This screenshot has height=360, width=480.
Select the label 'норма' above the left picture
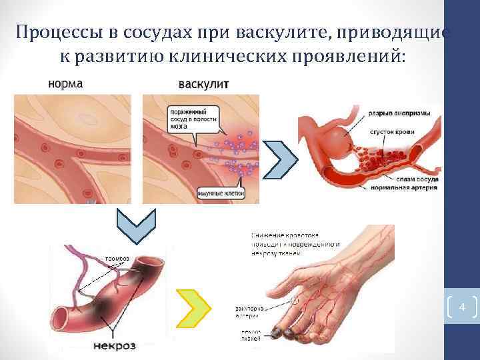[x=65, y=85]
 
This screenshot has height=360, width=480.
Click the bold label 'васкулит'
[x=203, y=85]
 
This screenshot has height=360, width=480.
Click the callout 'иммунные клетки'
[x=221, y=193]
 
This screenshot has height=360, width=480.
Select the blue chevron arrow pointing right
[x=280, y=159]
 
